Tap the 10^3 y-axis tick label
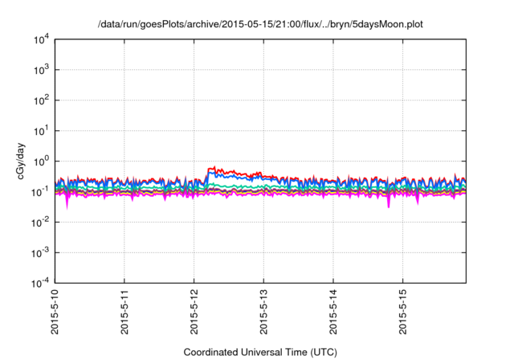click(x=42, y=70)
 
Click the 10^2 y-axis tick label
click(x=42, y=100)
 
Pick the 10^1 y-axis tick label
click(x=42, y=131)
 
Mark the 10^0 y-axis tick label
click(x=42, y=162)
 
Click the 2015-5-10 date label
click(x=55, y=313)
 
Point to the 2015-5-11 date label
click(x=125, y=313)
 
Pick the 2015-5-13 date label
click(x=264, y=313)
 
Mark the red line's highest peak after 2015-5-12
click(x=213, y=167)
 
